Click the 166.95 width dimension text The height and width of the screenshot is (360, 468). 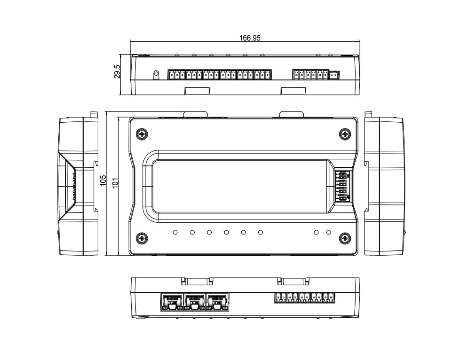[x=249, y=38]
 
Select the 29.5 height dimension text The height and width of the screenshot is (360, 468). [x=117, y=71]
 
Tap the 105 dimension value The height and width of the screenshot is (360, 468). [x=103, y=180]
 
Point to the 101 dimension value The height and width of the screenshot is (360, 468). [x=115, y=183]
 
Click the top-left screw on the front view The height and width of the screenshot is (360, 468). [x=142, y=134]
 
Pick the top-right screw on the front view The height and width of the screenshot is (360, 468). [x=345, y=134]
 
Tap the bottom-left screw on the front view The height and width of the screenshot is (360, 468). [x=142, y=238]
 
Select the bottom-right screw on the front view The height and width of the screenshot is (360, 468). [x=345, y=238]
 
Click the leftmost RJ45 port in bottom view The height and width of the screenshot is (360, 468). [x=172, y=302]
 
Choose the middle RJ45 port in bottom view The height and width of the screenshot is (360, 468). [x=195, y=302]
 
